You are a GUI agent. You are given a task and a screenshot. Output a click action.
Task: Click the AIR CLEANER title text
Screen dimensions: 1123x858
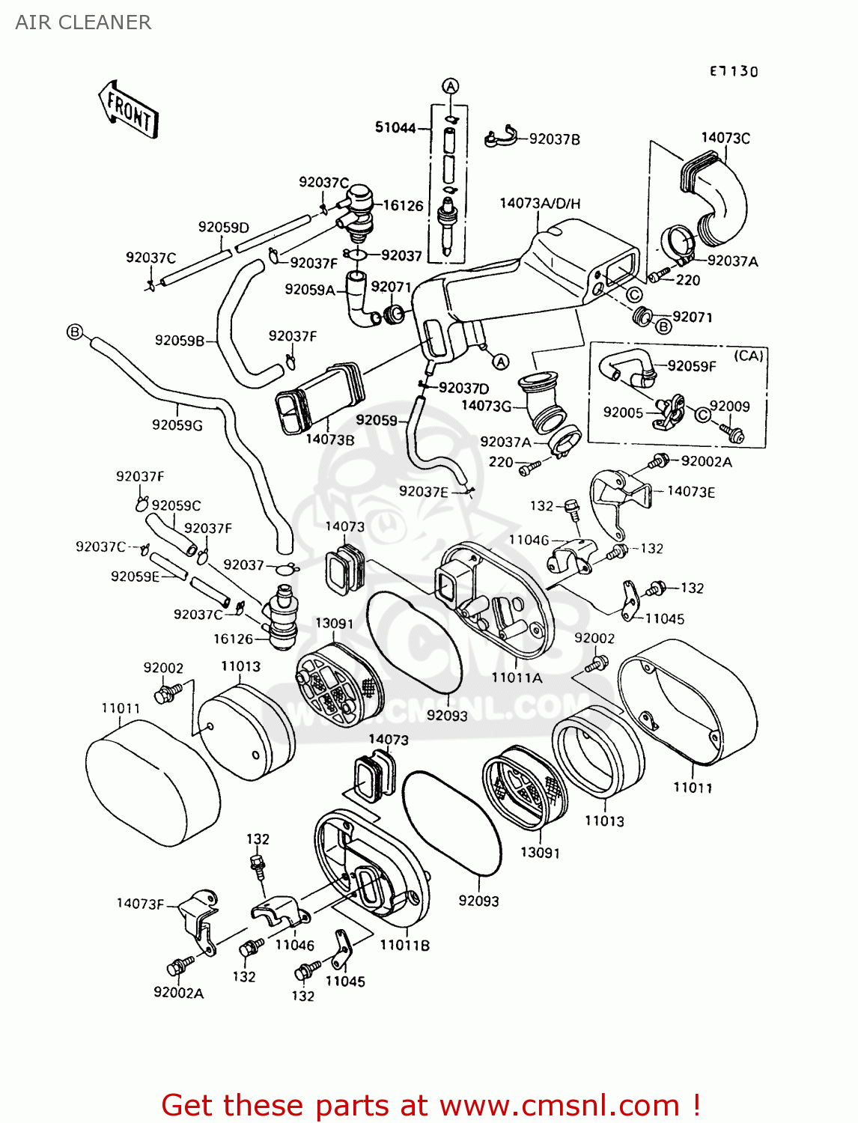[x=83, y=22]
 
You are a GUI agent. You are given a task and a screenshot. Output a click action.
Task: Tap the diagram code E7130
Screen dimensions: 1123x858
[x=734, y=71]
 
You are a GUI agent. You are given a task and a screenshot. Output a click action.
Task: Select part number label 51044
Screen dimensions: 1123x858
[x=395, y=128]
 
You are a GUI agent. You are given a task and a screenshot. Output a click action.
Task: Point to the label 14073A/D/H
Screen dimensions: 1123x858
[x=540, y=204]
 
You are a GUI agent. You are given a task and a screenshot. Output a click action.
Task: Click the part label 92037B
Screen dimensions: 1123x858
[x=554, y=139]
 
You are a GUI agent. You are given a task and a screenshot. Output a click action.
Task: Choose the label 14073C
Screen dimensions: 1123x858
[x=725, y=138]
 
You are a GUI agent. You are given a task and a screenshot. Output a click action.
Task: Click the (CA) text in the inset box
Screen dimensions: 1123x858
[x=748, y=356]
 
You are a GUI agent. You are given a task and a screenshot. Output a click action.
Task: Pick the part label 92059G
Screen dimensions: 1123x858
[x=177, y=425]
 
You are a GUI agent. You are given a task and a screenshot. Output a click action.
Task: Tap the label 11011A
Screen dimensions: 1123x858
[x=517, y=678]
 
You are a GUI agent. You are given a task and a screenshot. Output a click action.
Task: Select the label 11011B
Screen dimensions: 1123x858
[x=404, y=946]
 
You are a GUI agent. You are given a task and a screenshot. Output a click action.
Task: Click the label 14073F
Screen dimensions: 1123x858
[x=139, y=904]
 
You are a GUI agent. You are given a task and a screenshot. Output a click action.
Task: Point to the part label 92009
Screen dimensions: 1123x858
[x=729, y=407]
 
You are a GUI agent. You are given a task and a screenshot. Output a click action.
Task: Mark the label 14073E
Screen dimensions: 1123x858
[x=690, y=491]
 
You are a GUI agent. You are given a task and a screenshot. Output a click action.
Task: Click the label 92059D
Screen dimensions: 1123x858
[x=223, y=227]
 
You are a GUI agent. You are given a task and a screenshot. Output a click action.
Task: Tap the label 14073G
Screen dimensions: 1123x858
[x=486, y=406]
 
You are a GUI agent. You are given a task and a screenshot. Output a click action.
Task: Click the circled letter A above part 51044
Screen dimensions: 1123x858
[x=450, y=86]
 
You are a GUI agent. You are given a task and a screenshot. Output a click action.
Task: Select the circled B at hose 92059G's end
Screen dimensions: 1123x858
[x=74, y=331]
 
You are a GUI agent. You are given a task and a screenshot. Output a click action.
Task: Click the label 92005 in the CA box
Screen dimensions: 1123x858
[x=623, y=413]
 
